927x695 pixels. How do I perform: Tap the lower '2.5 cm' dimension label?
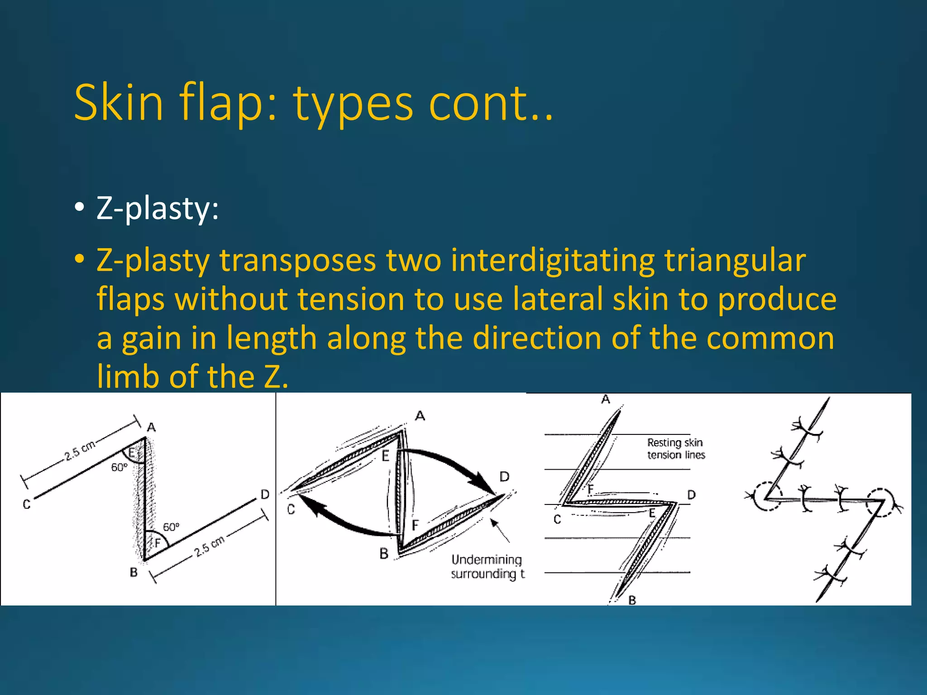[x=210, y=546]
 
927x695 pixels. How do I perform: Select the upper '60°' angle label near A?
[x=119, y=467]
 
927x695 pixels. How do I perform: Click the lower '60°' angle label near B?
[x=171, y=527]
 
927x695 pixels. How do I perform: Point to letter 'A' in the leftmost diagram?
[x=151, y=427]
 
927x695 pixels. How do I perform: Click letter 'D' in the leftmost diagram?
[x=265, y=495]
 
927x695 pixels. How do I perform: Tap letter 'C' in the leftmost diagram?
[x=27, y=504]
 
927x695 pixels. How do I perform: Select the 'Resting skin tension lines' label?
[x=675, y=448]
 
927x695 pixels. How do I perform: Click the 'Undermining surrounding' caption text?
[x=487, y=567]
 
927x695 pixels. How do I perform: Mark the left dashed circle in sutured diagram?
[x=767, y=496]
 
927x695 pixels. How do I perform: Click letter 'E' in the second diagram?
[x=385, y=456]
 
